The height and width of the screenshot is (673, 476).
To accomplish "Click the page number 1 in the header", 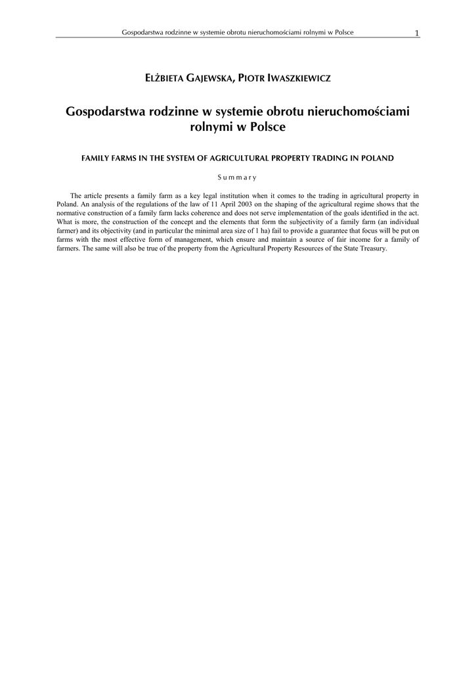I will point(417,33).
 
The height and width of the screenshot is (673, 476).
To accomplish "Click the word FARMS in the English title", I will point(124,158).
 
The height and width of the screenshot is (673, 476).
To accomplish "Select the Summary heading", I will point(238,177).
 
